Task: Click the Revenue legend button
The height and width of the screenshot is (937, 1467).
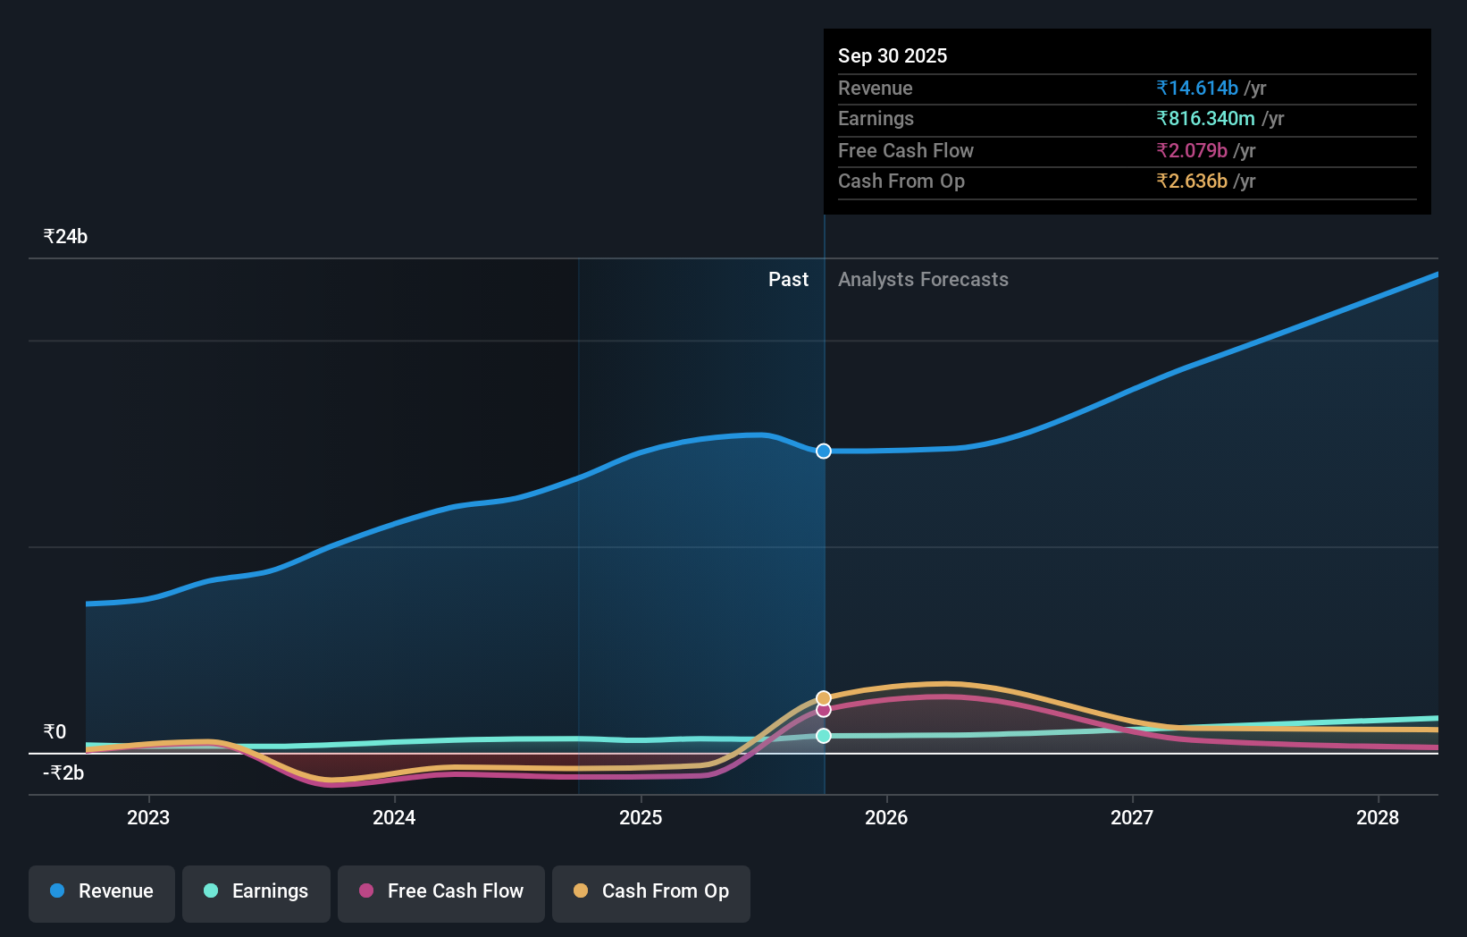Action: (x=102, y=891)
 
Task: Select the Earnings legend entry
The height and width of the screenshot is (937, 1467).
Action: (x=256, y=891)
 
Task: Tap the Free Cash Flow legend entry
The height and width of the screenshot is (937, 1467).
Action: (x=441, y=891)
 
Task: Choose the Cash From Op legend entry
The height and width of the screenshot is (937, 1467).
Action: (x=651, y=891)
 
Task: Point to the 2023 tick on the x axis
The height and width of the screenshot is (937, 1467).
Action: (x=148, y=817)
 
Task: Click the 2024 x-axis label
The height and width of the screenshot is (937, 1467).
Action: (x=394, y=817)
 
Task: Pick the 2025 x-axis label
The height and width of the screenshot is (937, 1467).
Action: (x=641, y=817)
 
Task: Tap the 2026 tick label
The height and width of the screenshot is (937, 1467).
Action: (x=886, y=817)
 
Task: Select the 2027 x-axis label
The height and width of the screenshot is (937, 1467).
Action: (x=1132, y=817)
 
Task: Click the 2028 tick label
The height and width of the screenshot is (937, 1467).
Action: (x=1378, y=817)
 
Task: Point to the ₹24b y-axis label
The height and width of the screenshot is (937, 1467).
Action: (x=65, y=237)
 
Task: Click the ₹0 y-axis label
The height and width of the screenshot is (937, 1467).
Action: (x=54, y=732)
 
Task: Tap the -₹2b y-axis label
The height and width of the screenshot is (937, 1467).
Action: (x=63, y=773)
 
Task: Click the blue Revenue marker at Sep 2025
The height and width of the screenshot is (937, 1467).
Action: (x=824, y=452)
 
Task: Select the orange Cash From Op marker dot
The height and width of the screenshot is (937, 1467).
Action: (x=824, y=697)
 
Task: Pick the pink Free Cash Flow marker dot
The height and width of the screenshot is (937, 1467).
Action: (x=824, y=710)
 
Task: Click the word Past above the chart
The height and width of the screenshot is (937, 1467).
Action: (x=788, y=280)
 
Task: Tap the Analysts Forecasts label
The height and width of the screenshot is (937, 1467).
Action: (x=923, y=280)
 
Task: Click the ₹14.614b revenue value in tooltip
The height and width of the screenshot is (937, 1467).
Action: (x=1197, y=89)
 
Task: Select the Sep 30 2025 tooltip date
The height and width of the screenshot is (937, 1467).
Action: (x=893, y=56)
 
